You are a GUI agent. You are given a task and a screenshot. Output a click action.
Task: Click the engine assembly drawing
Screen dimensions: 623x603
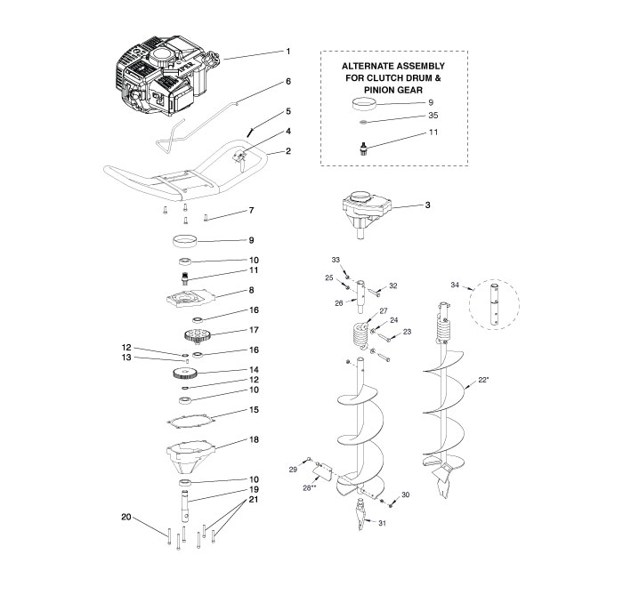point(165,76)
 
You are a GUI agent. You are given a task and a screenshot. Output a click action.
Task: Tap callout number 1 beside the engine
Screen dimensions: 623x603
point(288,52)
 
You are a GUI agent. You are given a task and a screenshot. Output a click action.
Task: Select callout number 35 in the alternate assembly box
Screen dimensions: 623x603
point(433,115)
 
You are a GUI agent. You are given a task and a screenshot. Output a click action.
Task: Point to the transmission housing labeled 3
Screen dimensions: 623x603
point(367,213)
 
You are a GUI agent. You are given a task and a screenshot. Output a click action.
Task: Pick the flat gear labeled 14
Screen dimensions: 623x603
point(185,374)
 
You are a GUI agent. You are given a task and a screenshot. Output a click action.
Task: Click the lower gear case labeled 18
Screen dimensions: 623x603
point(190,457)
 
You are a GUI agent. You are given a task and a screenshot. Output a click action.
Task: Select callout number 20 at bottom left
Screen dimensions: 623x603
point(126,517)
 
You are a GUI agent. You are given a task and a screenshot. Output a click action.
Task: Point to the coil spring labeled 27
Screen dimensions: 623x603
point(360,334)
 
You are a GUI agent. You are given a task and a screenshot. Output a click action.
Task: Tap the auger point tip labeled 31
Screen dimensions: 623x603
point(360,515)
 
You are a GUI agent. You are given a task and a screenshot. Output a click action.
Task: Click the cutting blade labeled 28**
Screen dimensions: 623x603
point(322,472)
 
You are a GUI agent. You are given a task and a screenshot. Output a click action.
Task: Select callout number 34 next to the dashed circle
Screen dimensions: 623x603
point(455,285)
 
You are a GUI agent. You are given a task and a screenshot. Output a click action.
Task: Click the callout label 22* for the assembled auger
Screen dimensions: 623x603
point(483,380)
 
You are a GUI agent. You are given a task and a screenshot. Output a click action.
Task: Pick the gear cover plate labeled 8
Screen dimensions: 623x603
point(190,298)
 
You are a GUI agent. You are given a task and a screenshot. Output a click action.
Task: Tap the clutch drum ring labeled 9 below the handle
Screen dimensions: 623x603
point(185,241)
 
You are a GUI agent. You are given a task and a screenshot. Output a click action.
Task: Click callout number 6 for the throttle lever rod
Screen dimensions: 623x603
point(288,81)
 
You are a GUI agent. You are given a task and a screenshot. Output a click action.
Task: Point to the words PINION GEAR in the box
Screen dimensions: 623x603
point(393,90)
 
